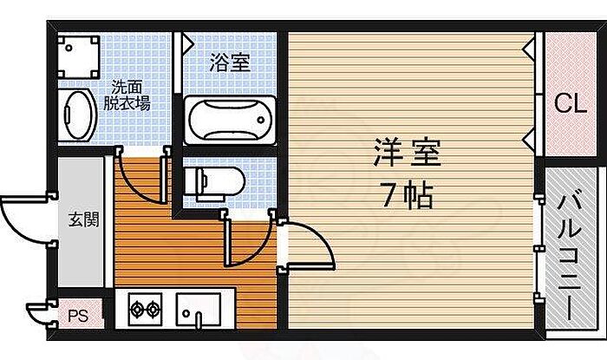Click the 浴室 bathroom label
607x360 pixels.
[x=230, y=62]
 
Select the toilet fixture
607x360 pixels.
[x=214, y=180]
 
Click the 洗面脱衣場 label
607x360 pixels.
[x=128, y=95]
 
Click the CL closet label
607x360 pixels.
[x=569, y=104]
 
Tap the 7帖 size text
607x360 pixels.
[x=407, y=196]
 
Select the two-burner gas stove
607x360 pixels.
[x=146, y=307]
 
